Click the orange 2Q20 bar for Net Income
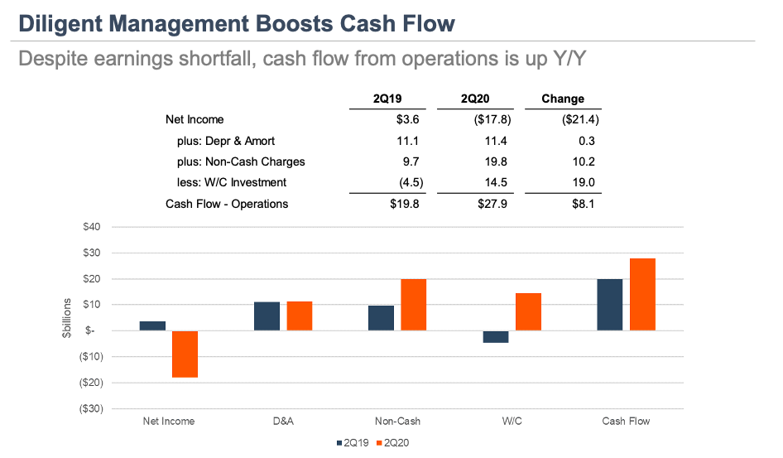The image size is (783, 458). tap(185, 354)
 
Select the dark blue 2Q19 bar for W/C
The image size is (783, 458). tap(496, 336)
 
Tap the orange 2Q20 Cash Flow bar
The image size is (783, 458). tap(642, 294)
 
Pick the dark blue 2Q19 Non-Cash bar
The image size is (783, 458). tap(381, 318)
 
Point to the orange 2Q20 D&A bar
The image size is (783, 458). tap(299, 316)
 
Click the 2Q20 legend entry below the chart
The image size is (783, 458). tap(392, 442)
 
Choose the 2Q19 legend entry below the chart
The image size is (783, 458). tap(353, 442)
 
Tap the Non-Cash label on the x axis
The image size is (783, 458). tap(396, 421)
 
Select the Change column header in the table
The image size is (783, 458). tap(563, 99)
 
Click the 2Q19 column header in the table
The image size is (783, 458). tap(389, 99)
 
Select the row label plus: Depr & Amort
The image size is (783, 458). tap(225, 141)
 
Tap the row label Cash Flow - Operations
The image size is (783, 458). tap(227, 204)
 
